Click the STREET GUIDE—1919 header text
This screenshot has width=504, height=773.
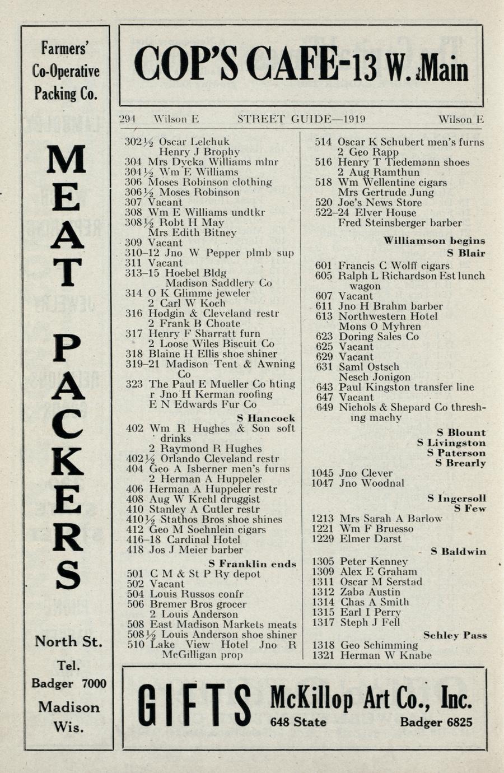pyautogui.click(x=301, y=119)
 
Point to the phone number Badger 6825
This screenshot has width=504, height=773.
pyautogui.click(x=436, y=722)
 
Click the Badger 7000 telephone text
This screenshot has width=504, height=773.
pyautogui.click(x=68, y=683)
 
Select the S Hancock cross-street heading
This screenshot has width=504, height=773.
pyautogui.click(x=265, y=418)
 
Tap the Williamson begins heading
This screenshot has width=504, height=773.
pyautogui.click(x=434, y=241)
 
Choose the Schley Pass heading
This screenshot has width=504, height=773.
pyautogui.click(x=455, y=635)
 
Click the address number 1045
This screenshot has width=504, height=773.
pyautogui.click(x=323, y=473)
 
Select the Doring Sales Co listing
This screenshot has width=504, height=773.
pyautogui.click(x=379, y=336)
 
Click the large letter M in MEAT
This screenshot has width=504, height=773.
pyautogui.click(x=67, y=160)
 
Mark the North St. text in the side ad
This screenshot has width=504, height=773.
pyautogui.click(x=68, y=641)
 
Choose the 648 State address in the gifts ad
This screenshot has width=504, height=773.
pyautogui.click(x=298, y=722)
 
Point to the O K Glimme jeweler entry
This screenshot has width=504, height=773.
pyautogui.click(x=199, y=293)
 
